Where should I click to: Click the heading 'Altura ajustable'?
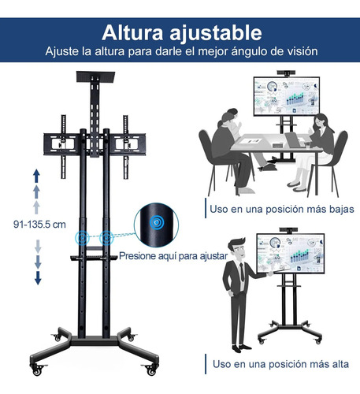pyautogui.click(x=182, y=33)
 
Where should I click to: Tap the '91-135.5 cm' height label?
pyautogui.click(x=39, y=225)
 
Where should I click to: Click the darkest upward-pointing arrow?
pyautogui.click(x=36, y=176)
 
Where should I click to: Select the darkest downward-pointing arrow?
pyautogui.click(x=38, y=278)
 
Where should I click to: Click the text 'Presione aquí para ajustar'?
pyautogui.click(x=173, y=256)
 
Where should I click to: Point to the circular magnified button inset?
pyautogui.click(x=156, y=225)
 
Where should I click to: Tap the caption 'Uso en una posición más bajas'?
pyautogui.click(x=282, y=210)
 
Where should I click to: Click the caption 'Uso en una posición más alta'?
pyautogui.click(x=280, y=364)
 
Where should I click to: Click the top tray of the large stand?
pyautogui.click(x=95, y=76)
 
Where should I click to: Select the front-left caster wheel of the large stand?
pyautogui.click(x=37, y=370)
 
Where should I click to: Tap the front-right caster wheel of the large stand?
pyautogui.click(x=151, y=370)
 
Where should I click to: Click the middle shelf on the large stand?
pyautogui.click(x=94, y=258)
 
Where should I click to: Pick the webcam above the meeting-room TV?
pyautogui.click(x=286, y=73)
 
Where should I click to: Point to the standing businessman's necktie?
pyautogui.click(x=242, y=273)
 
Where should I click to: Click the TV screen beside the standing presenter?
pyautogui.click(x=291, y=254)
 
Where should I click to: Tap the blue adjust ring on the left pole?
pyautogui.click(x=82, y=238)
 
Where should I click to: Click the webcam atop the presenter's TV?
pyautogui.click(x=288, y=230)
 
